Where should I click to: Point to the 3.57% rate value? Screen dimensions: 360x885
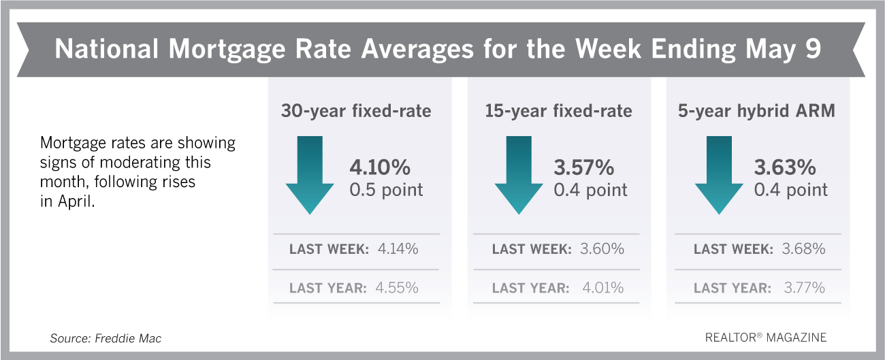pyautogui.click(x=584, y=167)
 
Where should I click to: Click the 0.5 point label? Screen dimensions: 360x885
pyautogui.click(x=387, y=190)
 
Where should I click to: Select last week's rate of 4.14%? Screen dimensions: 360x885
pyautogui.click(x=397, y=249)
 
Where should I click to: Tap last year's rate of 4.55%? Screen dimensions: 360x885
pyautogui.click(x=397, y=288)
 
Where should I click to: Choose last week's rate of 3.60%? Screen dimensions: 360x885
pyautogui.click(x=601, y=249)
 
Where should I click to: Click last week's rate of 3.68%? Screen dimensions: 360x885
pyautogui.click(x=803, y=249)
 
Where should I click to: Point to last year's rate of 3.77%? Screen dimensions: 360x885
pyautogui.click(x=803, y=288)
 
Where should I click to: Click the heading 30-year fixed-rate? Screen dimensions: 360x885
pyautogui.click(x=356, y=111)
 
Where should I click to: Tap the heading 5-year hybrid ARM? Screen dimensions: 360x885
pyautogui.click(x=756, y=111)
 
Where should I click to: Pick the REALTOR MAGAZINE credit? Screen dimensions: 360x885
pyautogui.click(x=766, y=338)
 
